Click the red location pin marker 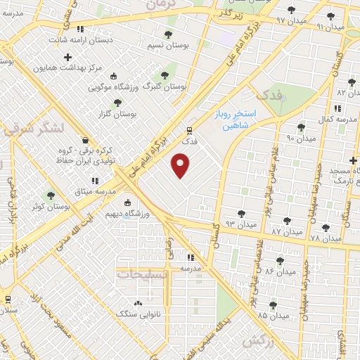tap(181, 167)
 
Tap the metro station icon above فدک tap(189, 130)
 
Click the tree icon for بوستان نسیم tap(167, 34)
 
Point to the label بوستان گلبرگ tap(164, 86)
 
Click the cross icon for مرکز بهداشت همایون tap(67, 57)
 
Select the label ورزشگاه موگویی tap(112, 88)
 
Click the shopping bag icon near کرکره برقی tap(85, 140)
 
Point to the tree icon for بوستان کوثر tap(50, 195)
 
